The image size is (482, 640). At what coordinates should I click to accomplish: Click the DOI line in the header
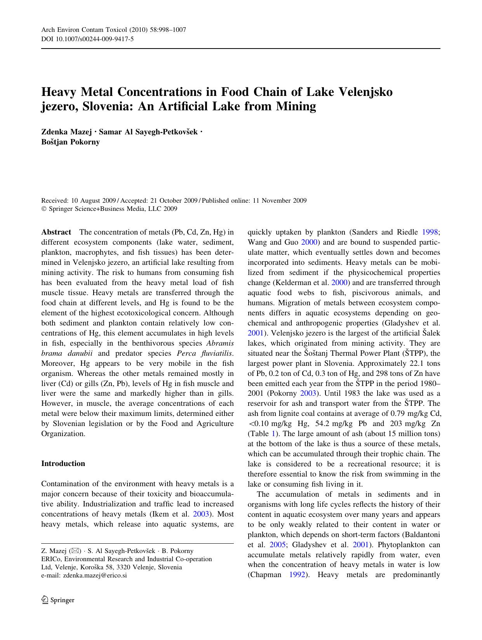click(87, 39)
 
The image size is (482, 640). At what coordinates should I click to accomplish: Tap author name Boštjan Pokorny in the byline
click(70, 142)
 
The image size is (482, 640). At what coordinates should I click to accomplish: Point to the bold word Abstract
click(56, 232)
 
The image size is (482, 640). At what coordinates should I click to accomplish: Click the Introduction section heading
click(63, 463)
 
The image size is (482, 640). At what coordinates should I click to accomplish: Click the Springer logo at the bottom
click(58, 600)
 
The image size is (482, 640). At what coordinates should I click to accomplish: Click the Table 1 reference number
click(274, 433)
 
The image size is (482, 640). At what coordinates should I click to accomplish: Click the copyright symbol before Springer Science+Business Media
click(44, 209)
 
